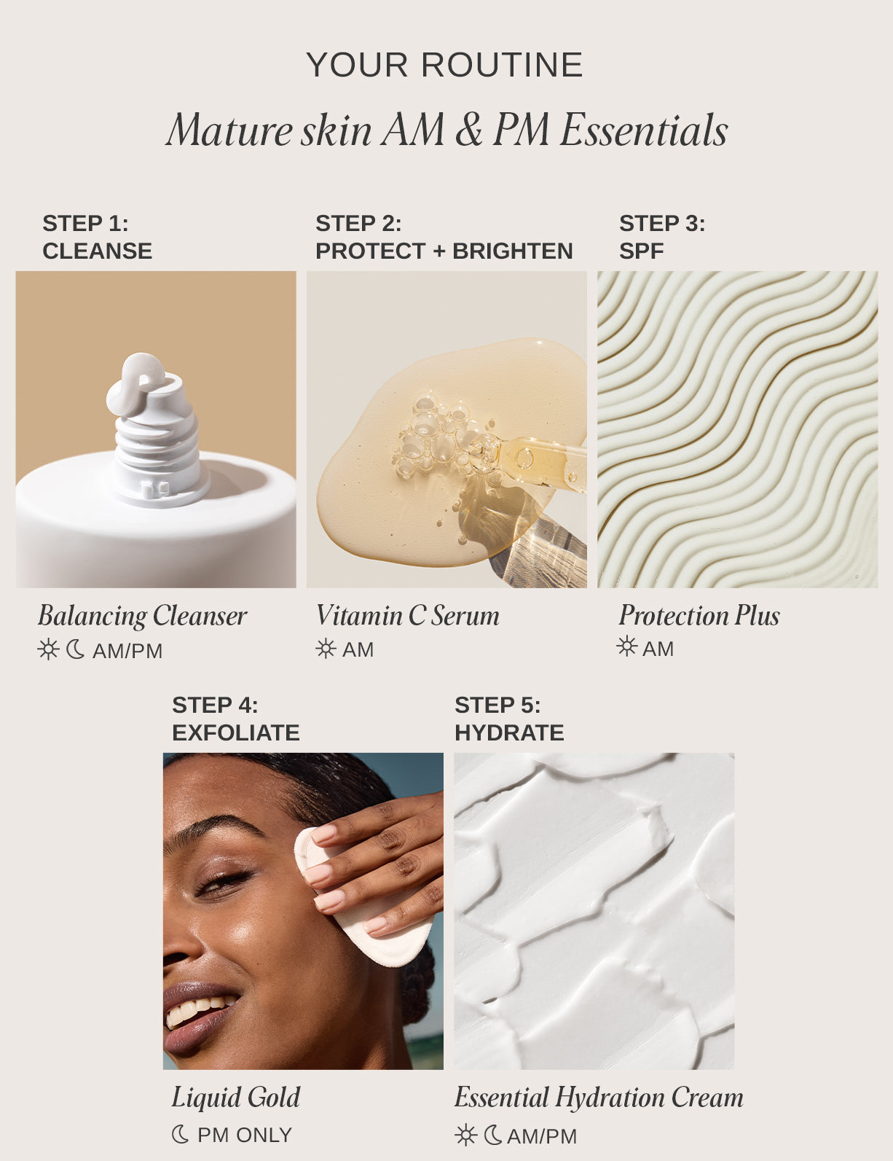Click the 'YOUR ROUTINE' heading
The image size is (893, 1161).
coord(444,66)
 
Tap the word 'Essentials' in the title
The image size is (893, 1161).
coord(644,131)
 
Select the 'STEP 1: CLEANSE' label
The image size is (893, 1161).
coord(97,237)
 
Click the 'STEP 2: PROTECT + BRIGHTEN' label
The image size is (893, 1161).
coord(444,237)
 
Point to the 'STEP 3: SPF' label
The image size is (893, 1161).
coord(661,237)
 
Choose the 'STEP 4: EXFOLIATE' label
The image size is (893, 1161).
coord(235,719)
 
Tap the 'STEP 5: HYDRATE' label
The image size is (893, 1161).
coord(509,719)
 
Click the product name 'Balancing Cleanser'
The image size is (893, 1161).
coord(143,616)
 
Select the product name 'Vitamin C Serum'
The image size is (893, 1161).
coord(407,616)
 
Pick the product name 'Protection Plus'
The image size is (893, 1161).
coord(699,616)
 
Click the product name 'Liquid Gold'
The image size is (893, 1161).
coord(235,1098)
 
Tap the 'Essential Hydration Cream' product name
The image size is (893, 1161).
coord(599,1098)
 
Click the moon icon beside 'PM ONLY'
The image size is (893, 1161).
coord(180,1135)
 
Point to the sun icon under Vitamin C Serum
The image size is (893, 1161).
coord(326,649)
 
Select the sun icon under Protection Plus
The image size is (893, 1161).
coord(626,646)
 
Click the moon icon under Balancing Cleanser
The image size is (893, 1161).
coord(75,649)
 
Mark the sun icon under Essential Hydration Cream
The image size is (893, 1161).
coord(465,1135)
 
